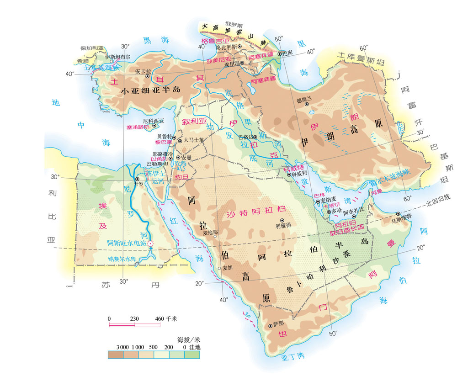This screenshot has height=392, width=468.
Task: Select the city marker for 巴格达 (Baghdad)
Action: click(255, 137)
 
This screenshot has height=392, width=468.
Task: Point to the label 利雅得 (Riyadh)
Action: click(283, 225)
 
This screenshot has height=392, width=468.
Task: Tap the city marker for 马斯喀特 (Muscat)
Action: click(398, 214)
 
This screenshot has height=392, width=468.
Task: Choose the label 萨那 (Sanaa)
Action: click(278, 324)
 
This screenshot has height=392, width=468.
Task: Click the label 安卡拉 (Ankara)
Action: click(143, 71)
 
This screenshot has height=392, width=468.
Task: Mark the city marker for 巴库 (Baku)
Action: click(279, 53)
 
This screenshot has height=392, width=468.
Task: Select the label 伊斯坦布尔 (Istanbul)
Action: click(118, 57)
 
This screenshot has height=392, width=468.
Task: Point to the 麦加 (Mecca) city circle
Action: click(219, 268)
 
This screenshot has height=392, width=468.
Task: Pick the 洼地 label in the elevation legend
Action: click(195, 348)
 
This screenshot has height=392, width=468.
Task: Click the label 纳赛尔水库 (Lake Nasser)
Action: click(122, 259)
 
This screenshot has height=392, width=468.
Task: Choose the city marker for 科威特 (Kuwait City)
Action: click(289, 175)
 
